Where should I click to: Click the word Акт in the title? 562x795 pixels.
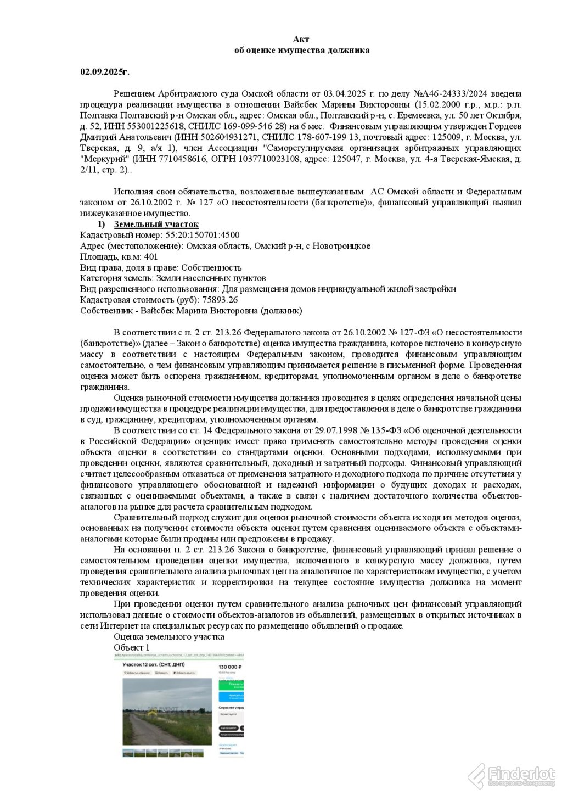coord(301,39)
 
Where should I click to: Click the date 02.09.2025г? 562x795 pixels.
coord(105,72)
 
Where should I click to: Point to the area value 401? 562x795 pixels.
coord(151,256)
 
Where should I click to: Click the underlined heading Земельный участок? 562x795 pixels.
coord(156,224)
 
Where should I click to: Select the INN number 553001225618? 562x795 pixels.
coord(147,126)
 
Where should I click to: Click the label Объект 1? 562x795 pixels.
coord(128,647)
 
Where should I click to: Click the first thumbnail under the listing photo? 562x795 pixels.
coord(128,753)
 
